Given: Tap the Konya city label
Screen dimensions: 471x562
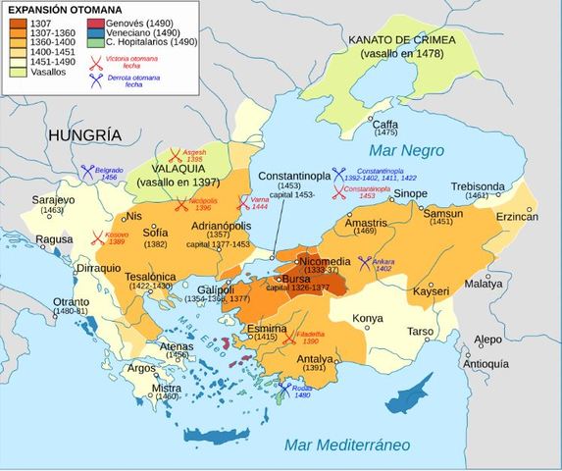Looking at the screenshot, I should tap(368, 318).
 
